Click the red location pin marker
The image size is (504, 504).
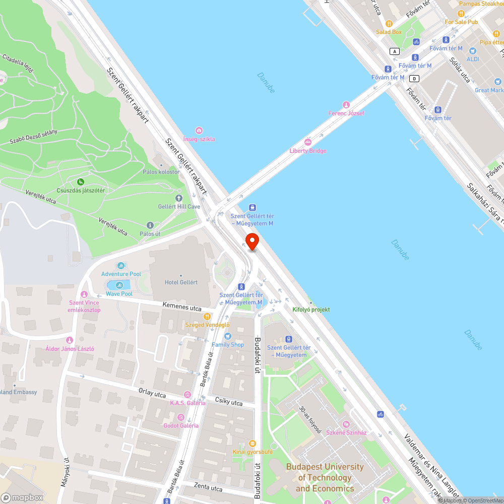(252, 241)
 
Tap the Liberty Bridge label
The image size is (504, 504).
(308, 151)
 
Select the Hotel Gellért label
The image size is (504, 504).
(181, 282)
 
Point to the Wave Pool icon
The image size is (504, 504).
(111, 285)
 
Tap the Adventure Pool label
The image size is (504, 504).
(121, 274)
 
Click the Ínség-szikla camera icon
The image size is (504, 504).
(199, 131)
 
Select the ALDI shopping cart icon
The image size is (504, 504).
(472, 50)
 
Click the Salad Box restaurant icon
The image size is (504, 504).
(389, 24)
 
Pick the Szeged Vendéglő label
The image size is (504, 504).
(208, 325)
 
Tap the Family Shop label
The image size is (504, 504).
(228, 345)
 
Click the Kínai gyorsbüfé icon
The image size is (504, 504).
(253, 443)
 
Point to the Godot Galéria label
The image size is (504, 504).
(181, 425)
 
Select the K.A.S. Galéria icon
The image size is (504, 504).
(187, 394)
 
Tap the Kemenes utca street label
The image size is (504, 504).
(182, 307)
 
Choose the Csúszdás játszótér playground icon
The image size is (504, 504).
(80, 181)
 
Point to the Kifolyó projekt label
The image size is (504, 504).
(311, 309)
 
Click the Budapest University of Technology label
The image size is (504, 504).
(325, 477)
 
